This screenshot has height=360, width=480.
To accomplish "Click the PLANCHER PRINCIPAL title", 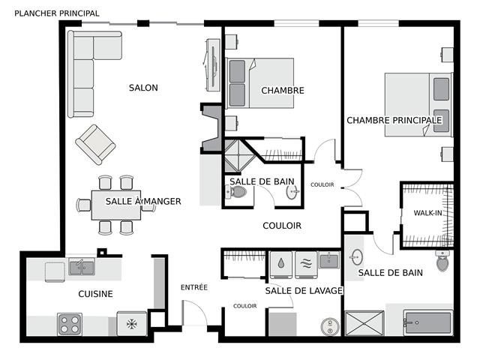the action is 57,13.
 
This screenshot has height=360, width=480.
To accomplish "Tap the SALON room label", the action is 143,88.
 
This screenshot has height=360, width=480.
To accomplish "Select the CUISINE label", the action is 95,294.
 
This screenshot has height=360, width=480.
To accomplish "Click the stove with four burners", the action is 70,324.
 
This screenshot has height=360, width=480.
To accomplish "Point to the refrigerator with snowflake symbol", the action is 132,323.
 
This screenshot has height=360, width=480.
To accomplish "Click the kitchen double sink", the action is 82,266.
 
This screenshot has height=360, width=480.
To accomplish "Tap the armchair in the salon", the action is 95,145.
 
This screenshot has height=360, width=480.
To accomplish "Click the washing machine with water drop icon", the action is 281,265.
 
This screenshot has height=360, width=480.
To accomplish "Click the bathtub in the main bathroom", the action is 427,322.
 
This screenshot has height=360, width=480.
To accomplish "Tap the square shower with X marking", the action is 364,323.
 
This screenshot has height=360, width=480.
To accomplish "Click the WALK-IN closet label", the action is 427,213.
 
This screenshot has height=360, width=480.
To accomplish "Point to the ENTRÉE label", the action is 194,287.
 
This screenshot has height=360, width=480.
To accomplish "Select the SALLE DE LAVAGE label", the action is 304,290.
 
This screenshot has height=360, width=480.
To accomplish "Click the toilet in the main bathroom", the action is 442,260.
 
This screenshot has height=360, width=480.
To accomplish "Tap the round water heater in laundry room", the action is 330,327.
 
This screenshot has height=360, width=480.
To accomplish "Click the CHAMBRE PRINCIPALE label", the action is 394,120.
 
